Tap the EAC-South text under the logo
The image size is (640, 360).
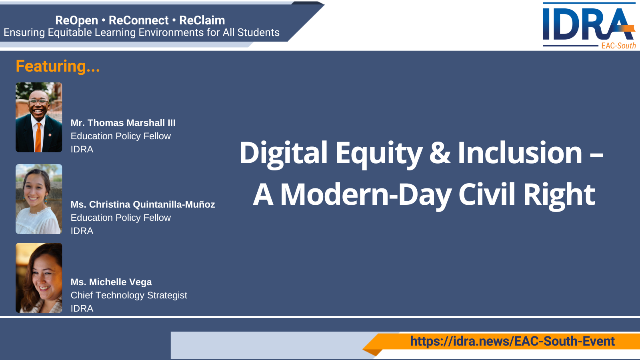pyautogui.click(x=618, y=46)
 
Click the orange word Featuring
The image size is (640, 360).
pyautogui.click(x=58, y=66)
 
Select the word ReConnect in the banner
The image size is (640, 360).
pyautogui.click(x=138, y=20)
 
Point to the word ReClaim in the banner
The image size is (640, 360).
pyautogui.click(x=202, y=20)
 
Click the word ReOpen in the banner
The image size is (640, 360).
pyautogui.click(x=76, y=20)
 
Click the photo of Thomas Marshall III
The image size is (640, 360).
pyautogui.click(x=39, y=117)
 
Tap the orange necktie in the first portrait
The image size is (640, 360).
pyautogui.click(x=38, y=138)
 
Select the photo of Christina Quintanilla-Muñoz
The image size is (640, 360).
pyautogui.click(x=39, y=199)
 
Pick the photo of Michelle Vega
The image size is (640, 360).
pyautogui.click(x=39, y=278)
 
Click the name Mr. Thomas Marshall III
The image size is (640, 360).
pyautogui.click(x=123, y=123)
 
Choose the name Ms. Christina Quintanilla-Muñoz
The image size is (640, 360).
pyautogui.click(x=142, y=204)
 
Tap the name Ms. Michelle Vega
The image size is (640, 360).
pyautogui.click(x=111, y=282)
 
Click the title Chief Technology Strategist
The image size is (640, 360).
pyautogui.click(x=129, y=296)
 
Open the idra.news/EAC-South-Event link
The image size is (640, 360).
pyautogui.click(x=512, y=341)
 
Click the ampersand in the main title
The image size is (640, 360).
pyautogui.click(x=440, y=154)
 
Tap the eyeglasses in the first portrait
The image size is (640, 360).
pyautogui.click(x=38, y=102)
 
